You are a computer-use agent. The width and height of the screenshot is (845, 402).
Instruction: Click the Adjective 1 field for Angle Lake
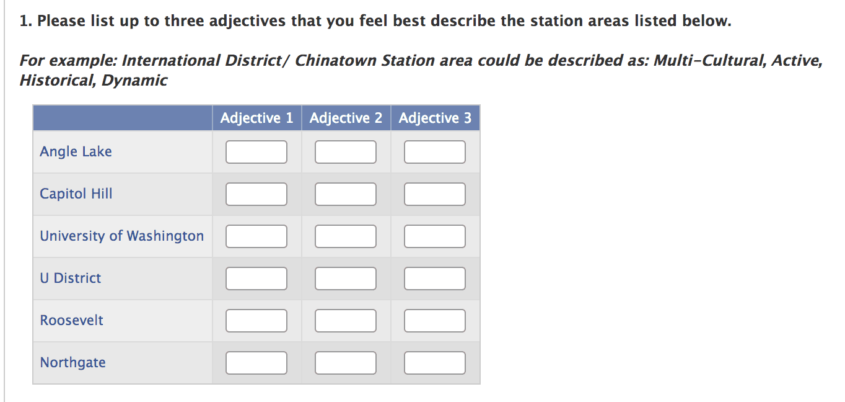[x=256, y=152]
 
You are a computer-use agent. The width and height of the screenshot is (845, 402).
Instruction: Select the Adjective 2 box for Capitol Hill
[x=346, y=194]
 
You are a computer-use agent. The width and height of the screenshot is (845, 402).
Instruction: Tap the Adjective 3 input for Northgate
[x=434, y=363]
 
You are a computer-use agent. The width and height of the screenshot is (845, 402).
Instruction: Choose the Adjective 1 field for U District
[x=256, y=279]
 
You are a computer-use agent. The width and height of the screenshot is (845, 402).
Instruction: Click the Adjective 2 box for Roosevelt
[x=346, y=321]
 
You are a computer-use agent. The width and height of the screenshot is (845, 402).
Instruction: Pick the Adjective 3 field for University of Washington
[x=434, y=236]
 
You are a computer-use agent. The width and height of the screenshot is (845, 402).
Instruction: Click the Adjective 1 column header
[x=257, y=118]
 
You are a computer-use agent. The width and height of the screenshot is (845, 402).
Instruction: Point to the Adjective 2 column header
[x=346, y=118]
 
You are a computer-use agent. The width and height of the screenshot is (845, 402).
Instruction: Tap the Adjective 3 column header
[x=435, y=118]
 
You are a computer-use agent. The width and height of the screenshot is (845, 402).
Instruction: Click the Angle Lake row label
[x=76, y=152]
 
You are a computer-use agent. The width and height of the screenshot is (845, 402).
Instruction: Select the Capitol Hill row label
[x=76, y=194]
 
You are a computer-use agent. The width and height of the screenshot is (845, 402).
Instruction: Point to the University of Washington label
[x=122, y=236]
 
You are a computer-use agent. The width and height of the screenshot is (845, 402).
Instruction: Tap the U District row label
[x=71, y=278]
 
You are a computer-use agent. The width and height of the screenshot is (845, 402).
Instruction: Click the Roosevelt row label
[x=71, y=320]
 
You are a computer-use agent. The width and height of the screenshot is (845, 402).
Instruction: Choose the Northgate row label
[x=73, y=363]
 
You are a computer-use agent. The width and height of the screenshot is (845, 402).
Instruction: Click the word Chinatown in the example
[x=335, y=60]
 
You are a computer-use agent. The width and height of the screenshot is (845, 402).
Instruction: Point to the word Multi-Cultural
[x=710, y=60]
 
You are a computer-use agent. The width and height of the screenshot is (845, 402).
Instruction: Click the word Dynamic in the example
[x=134, y=81]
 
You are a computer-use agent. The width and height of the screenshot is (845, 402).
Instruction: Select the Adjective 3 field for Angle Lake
[x=434, y=152]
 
